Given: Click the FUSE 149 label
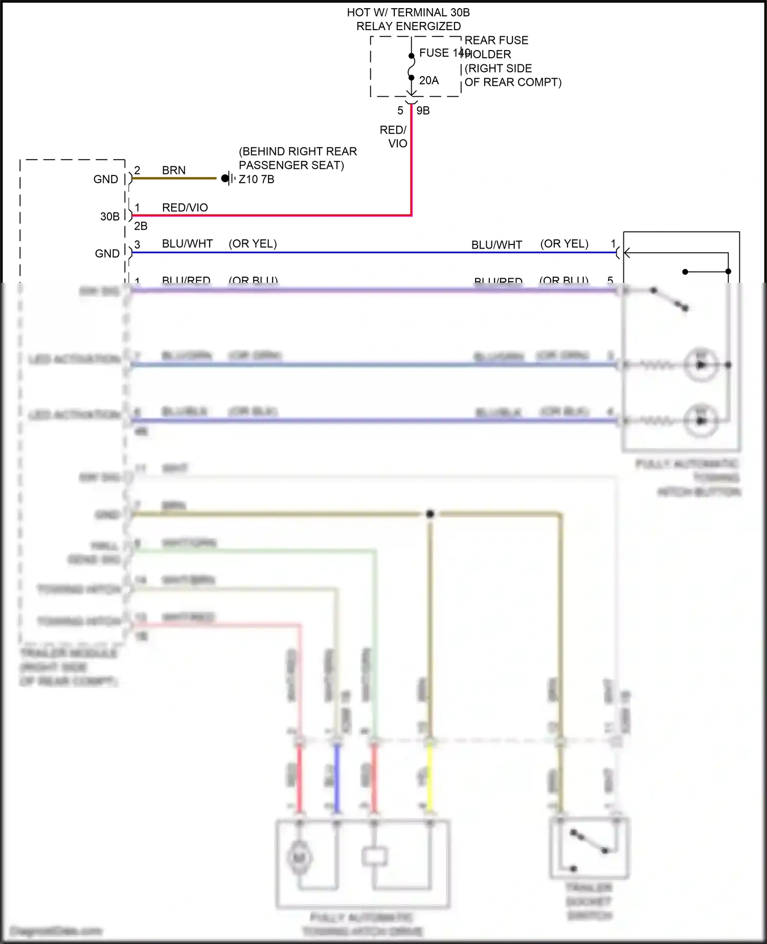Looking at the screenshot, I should [x=443, y=53].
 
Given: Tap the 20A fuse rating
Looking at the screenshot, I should [x=428, y=80].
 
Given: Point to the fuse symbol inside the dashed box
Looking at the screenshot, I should [x=411, y=67].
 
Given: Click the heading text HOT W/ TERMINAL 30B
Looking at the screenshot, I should [x=408, y=12].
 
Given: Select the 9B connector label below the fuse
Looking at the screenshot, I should [x=423, y=110].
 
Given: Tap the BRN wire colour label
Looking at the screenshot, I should [x=173, y=170].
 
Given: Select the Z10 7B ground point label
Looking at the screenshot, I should [x=257, y=179].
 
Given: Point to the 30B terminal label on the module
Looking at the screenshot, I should [x=109, y=216].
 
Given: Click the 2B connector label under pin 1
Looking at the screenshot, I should [x=141, y=226].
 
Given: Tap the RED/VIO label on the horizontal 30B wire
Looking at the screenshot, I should [x=185, y=208].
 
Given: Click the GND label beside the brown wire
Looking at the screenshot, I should [x=106, y=179].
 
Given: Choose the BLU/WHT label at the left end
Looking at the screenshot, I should [x=187, y=244].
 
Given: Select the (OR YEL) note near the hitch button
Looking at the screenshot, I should [x=564, y=244].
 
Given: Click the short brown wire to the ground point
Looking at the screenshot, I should [x=174, y=178].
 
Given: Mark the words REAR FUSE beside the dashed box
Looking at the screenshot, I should [x=496, y=40].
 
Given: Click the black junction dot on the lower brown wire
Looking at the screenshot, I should [x=430, y=514].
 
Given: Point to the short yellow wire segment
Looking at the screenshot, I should [x=430, y=777].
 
